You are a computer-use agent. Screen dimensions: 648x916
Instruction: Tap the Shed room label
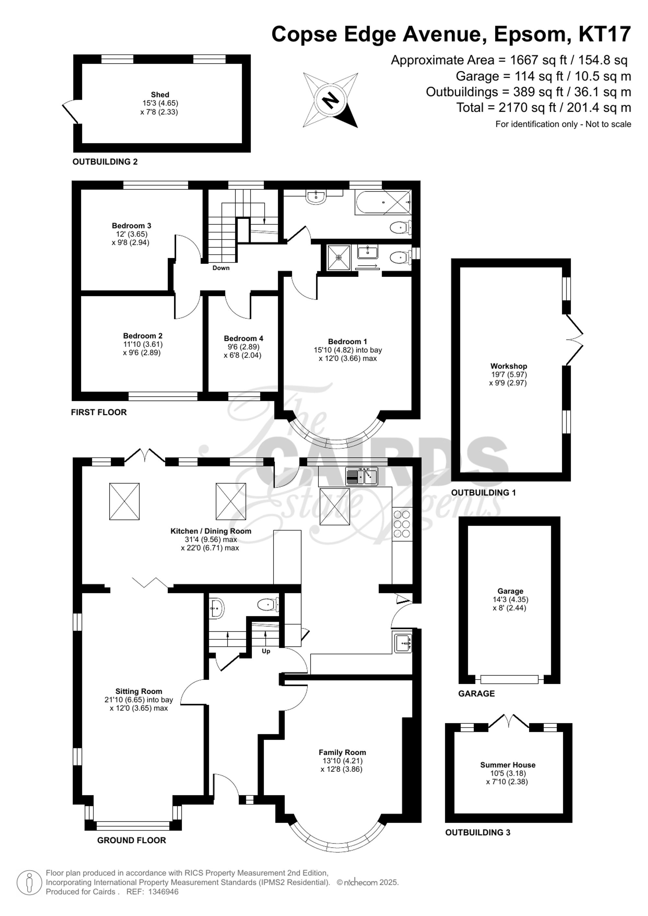[x=160, y=95]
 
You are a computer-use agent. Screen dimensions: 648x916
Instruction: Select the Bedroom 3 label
[x=131, y=225]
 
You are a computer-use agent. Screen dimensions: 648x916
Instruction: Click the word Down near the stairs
[x=221, y=268]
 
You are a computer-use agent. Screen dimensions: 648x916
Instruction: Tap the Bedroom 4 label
[x=243, y=338]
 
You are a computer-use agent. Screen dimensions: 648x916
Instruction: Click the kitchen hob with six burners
[x=402, y=524]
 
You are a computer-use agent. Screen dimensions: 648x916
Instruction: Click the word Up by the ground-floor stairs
[x=266, y=651]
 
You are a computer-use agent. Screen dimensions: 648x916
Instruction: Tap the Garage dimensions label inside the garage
[x=510, y=604]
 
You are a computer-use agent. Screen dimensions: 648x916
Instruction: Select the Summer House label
[x=508, y=765]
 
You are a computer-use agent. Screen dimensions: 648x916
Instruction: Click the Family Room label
[x=342, y=752]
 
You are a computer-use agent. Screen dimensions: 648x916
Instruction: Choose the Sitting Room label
[x=139, y=692]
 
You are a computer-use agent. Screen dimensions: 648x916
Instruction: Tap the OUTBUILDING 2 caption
[x=105, y=162]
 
